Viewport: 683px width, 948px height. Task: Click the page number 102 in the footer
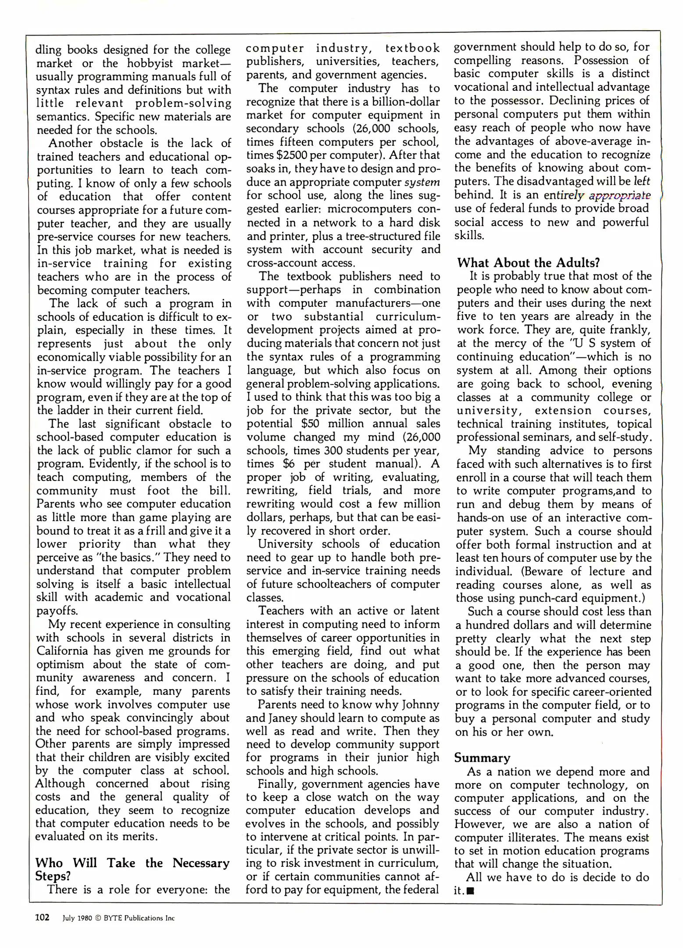pyautogui.click(x=43, y=918)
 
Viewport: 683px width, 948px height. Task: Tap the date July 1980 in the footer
pyautogui.click(x=77, y=918)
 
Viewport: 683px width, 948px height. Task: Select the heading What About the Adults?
pyautogui.click(x=528, y=262)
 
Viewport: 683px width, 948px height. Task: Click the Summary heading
pyautogui.click(x=482, y=758)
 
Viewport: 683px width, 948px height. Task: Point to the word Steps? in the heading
pyautogui.click(x=53, y=876)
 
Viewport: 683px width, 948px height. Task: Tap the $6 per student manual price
pyautogui.click(x=290, y=464)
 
